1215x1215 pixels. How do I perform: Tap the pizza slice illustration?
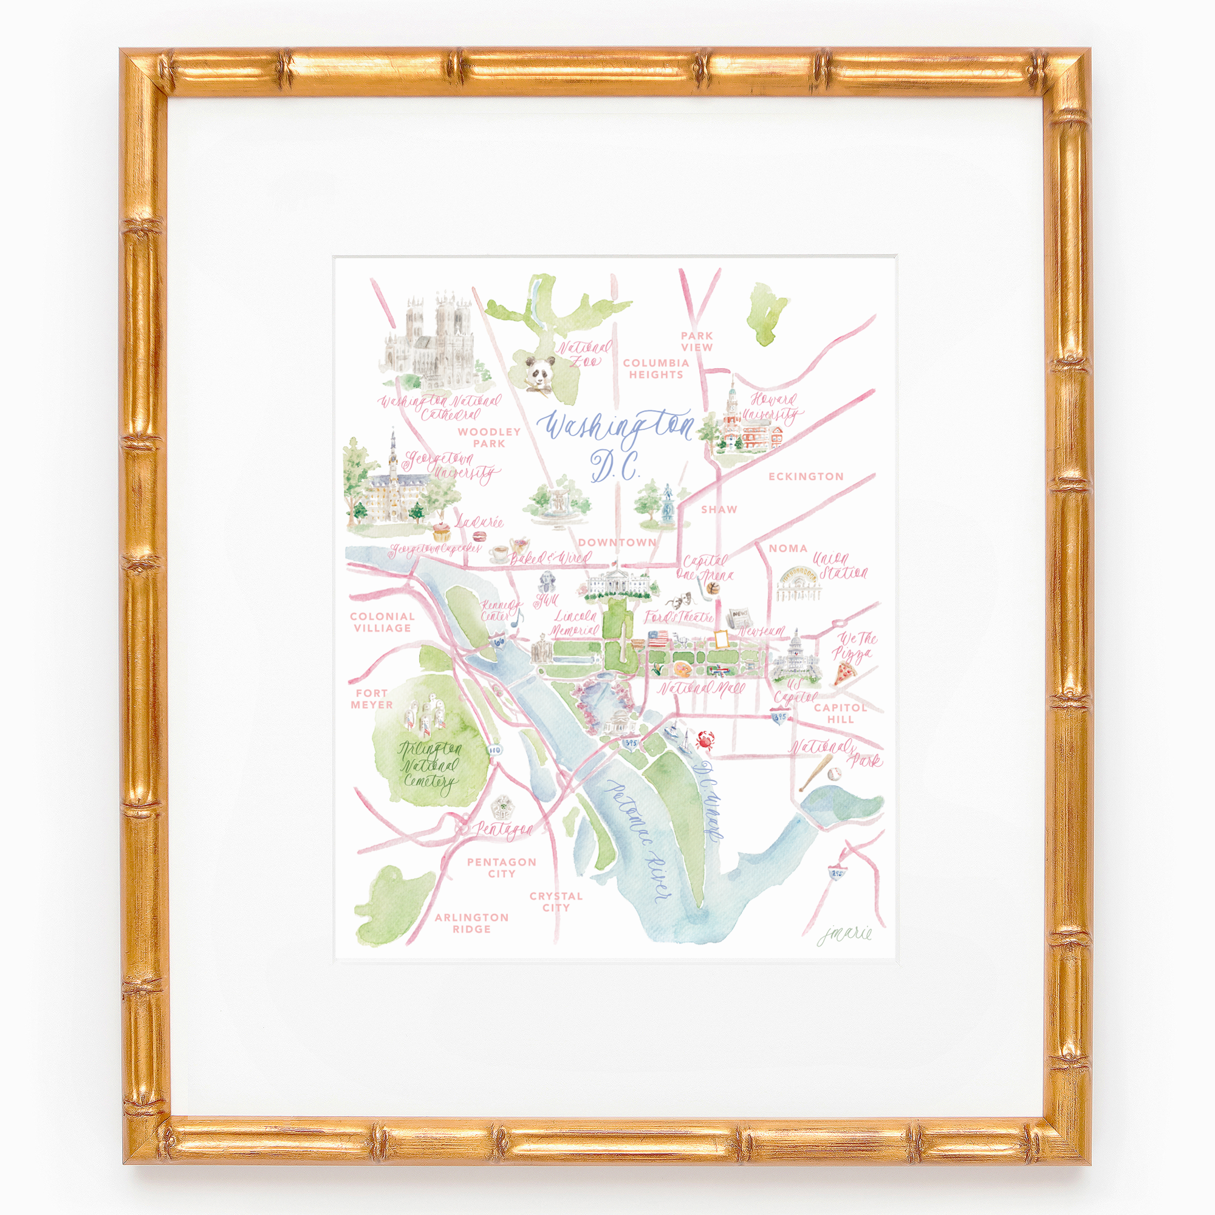(844, 674)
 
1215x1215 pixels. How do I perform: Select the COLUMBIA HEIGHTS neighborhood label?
(655, 369)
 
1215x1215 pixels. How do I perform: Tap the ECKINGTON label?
(806, 476)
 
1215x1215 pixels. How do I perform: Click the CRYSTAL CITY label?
(556, 901)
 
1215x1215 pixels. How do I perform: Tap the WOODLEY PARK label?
(488, 437)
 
